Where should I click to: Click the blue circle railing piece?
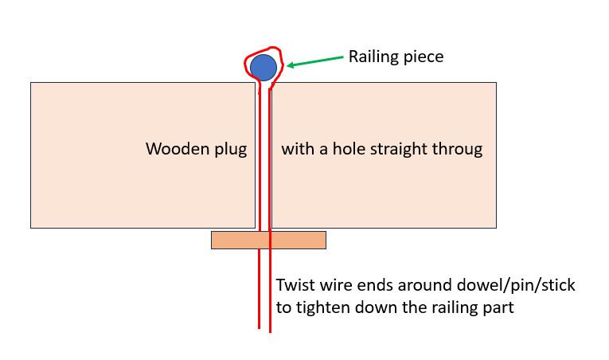(264, 68)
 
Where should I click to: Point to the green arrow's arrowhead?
(291, 65)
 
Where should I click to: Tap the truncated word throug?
(457, 150)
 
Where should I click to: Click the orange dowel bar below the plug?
(268, 240)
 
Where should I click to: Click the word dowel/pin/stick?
(516, 286)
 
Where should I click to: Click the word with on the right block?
(298, 149)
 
